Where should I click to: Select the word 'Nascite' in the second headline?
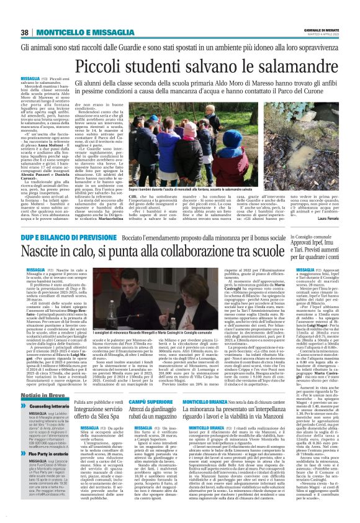[x=43, y=253]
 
